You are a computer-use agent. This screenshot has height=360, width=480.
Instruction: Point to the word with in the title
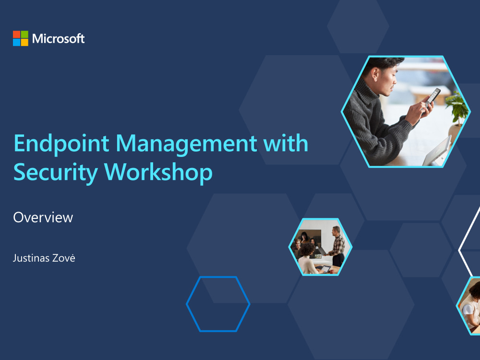point(288,144)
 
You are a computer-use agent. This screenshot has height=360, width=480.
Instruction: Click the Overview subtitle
point(43,217)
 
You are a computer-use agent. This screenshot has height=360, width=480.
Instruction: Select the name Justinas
point(32,258)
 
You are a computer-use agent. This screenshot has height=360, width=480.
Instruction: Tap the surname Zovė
point(65,258)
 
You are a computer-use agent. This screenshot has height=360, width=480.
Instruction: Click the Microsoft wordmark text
point(59,38)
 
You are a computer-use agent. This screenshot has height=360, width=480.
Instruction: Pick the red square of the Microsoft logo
point(17,34)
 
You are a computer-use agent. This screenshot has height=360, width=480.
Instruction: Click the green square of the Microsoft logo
point(24,34)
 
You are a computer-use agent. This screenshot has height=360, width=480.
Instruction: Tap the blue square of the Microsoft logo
point(17,42)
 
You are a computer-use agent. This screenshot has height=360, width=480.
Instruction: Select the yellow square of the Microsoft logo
point(24,42)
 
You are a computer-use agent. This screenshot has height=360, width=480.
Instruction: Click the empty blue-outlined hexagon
point(218,304)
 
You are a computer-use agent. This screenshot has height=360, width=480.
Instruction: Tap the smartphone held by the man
point(432,97)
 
